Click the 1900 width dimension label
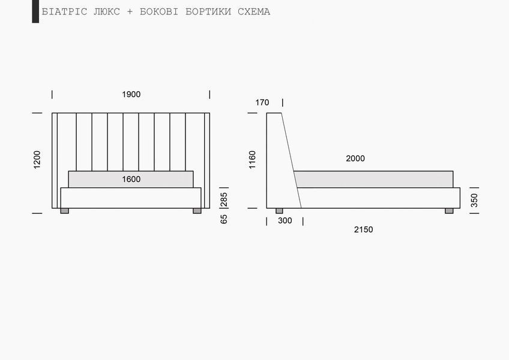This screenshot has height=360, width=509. click(131, 94)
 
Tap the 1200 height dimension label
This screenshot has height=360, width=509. click(37, 160)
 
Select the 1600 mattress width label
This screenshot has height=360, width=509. click(131, 179)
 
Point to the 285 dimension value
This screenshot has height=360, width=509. click(224, 200)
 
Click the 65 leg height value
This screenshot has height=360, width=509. click(224, 219)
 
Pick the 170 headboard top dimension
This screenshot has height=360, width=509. click(262, 103)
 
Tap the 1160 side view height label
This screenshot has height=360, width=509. click(252, 160)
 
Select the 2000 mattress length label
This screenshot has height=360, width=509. click(355, 158)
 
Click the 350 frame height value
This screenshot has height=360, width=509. click(474, 200)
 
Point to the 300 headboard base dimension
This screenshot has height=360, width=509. click(285, 221)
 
